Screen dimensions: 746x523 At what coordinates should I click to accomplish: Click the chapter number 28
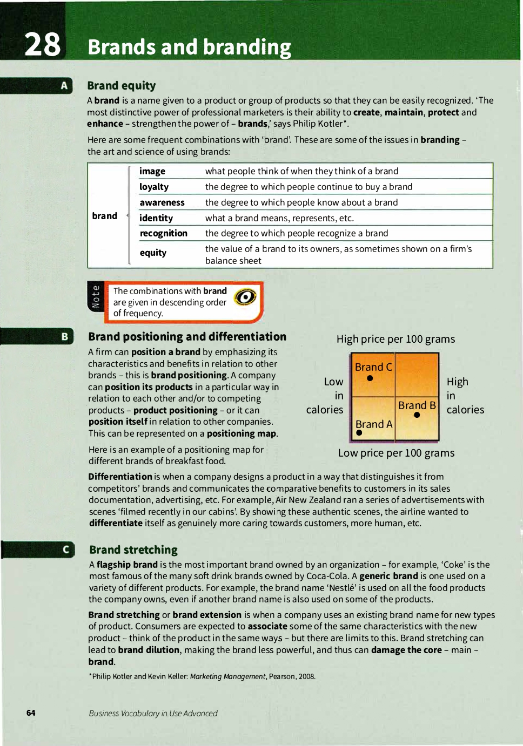point(42,44)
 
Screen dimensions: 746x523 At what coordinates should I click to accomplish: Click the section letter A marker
point(64,86)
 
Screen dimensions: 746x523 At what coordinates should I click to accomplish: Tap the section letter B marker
point(65,336)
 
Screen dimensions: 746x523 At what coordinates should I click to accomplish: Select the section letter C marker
point(66,550)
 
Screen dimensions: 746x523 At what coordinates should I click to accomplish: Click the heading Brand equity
point(122,85)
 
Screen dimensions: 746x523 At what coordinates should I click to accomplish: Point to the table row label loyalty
point(154,187)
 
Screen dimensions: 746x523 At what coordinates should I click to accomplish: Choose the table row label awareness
point(162,202)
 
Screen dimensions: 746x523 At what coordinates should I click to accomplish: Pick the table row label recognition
point(164,233)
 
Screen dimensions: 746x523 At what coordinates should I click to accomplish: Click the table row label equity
point(153,253)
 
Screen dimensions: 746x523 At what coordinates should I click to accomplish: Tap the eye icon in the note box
point(245,297)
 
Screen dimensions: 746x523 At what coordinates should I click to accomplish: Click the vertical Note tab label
point(96,296)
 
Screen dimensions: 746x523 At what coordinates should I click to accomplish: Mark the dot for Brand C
point(370,378)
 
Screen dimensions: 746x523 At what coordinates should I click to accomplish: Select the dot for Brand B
point(417,415)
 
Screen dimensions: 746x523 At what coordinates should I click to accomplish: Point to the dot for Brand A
point(359,433)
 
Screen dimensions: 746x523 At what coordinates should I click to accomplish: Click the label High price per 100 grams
point(395,339)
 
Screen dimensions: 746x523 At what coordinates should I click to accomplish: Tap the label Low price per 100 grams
point(396,453)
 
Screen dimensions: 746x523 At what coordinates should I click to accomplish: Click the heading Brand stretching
point(133,550)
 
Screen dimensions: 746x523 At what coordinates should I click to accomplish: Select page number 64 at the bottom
point(31,713)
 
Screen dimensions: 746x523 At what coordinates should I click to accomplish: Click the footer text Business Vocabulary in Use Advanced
point(153,713)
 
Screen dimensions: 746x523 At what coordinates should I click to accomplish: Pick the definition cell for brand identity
point(279,218)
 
